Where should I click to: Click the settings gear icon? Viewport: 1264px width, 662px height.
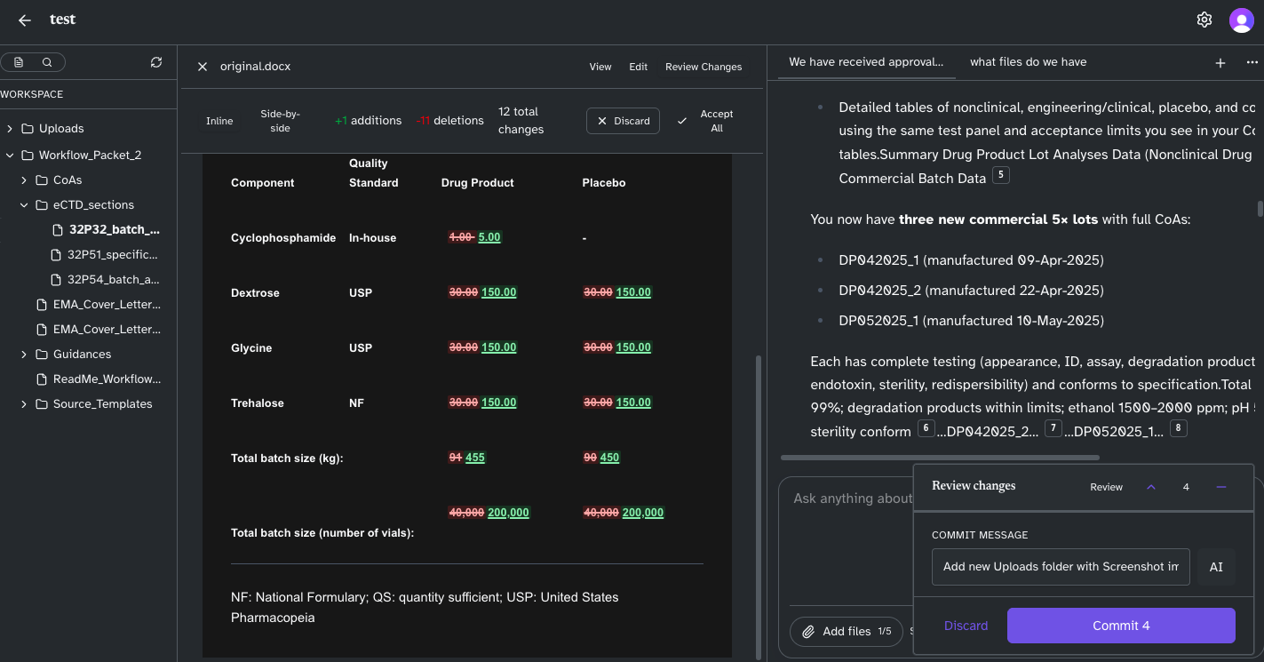(x=1204, y=20)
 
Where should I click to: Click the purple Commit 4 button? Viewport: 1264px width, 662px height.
(x=1121, y=626)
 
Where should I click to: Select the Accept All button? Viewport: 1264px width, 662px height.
(x=706, y=121)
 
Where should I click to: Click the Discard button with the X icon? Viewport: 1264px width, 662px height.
(x=623, y=121)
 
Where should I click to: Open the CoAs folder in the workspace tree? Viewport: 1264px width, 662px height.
(x=68, y=179)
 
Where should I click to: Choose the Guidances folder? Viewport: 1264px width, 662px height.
(x=82, y=354)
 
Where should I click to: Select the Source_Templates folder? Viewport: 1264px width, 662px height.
(x=102, y=403)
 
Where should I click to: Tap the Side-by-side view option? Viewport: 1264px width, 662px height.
(x=280, y=121)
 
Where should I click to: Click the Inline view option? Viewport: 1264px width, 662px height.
(x=219, y=121)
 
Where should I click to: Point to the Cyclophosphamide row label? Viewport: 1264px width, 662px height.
(x=283, y=238)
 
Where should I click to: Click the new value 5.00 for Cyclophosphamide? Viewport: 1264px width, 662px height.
(x=489, y=237)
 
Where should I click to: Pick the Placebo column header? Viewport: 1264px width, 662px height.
(x=604, y=183)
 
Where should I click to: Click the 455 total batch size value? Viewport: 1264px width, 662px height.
(x=475, y=458)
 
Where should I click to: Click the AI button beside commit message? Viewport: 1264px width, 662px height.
(x=1216, y=567)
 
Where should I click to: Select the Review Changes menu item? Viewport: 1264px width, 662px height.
(x=704, y=67)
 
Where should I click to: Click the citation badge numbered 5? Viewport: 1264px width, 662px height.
(x=1001, y=175)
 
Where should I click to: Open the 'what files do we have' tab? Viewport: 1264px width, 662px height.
(x=1028, y=62)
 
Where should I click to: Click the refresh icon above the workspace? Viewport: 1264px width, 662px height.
(x=156, y=62)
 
